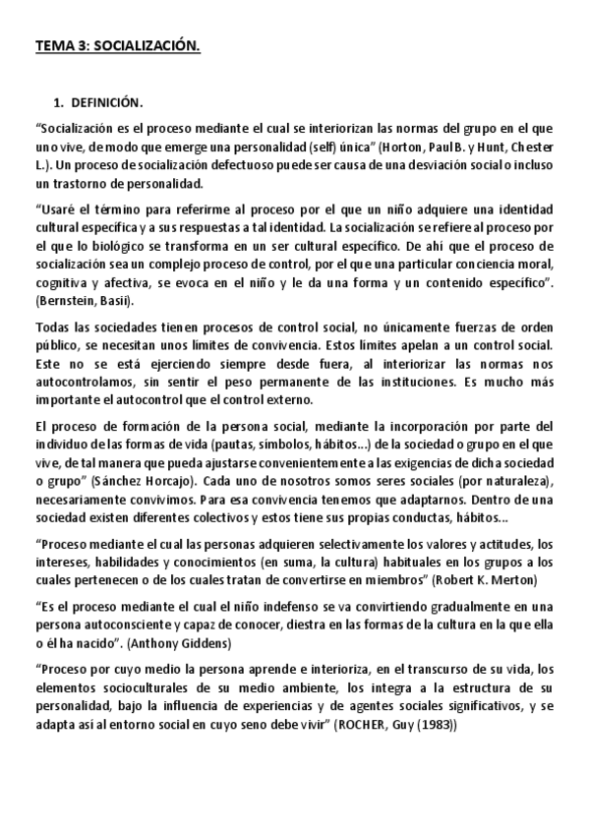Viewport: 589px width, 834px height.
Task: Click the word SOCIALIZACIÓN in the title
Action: click(147, 45)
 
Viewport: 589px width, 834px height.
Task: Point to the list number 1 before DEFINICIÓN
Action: click(58, 103)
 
